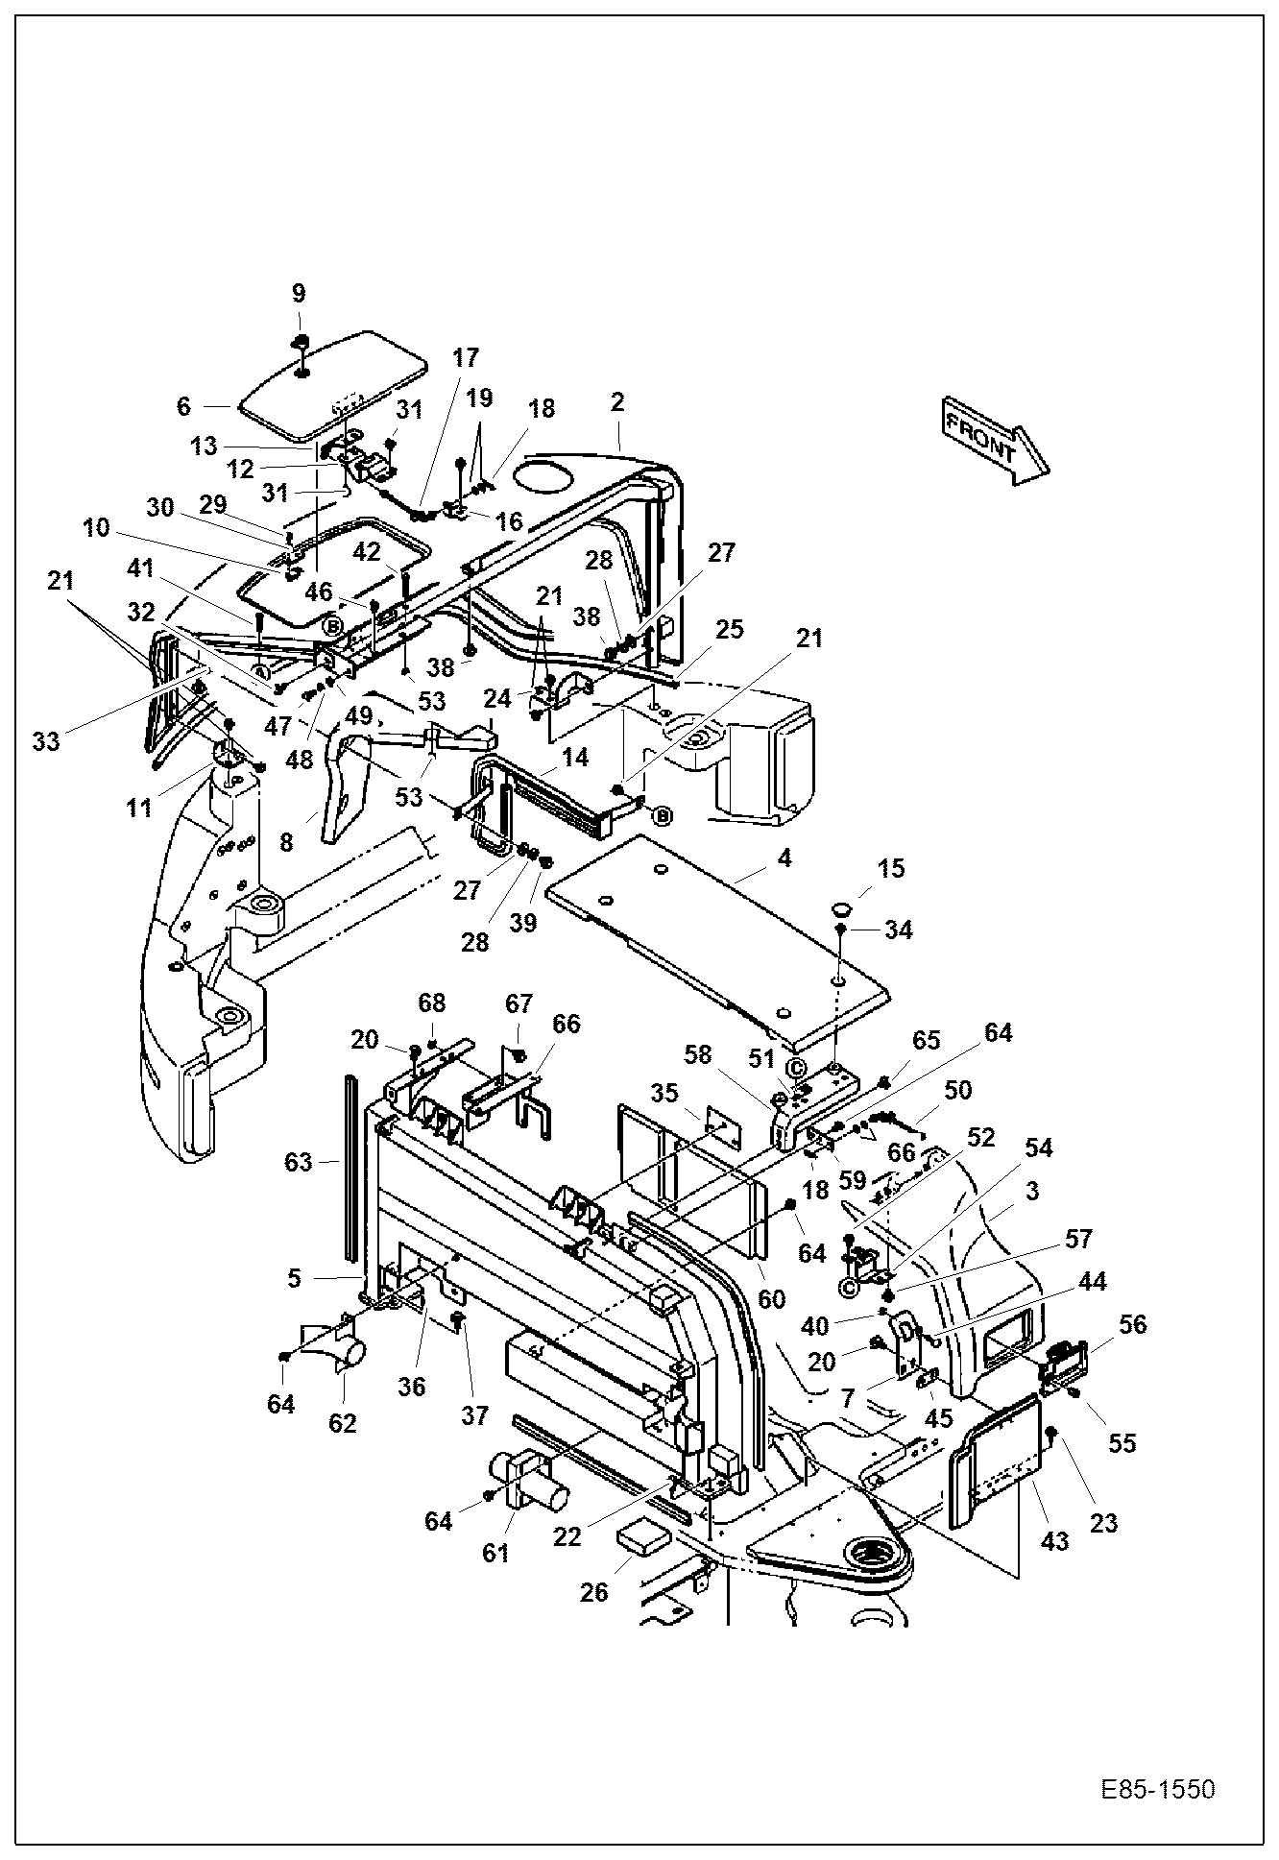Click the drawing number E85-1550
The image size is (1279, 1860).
pyautogui.click(x=1157, y=1791)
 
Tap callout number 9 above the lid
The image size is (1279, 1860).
pyautogui.click(x=299, y=293)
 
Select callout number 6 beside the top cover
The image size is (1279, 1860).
pyautogui.click(x=184, y=406)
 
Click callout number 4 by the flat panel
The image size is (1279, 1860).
pyautogui.click(x=784, y=858)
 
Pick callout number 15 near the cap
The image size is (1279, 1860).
pyautogui.click(x=891, y=869)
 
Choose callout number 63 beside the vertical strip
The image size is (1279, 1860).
pyautogui.click(x=299, y=1162)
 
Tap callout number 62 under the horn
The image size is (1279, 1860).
pyautogui.click(x=343, y=1423)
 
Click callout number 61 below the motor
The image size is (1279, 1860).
pyautogui.click(x=495, y=1553)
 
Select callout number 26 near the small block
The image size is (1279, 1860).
pyautogui.click(x=594, y=1592)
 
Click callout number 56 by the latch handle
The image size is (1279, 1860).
pyautogui.click(x=1133, y=1324)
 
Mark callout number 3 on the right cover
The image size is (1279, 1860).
pyautogui.click(x=1032, y=1192)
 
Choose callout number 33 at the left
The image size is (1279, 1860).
pyautogui.click(x=46, y=740)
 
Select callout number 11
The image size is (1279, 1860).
pyautogui.click(x=139, y=808)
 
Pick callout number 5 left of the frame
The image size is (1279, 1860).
pyautogui.click(x=295, y=1278)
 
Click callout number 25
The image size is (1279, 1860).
pyautogui.click(x=730, y=630)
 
